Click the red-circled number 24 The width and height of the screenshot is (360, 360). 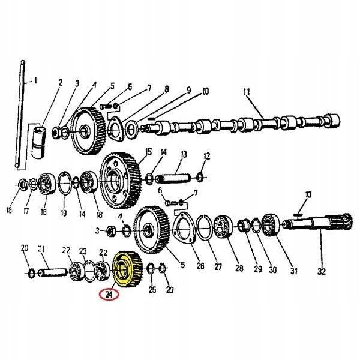109,295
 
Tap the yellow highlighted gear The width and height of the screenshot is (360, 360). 127,269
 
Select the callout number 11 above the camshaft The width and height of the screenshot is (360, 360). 247,92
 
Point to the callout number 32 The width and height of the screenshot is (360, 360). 322,272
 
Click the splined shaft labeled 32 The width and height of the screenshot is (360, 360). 317,223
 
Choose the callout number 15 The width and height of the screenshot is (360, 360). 148,152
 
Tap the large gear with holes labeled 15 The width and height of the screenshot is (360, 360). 121,181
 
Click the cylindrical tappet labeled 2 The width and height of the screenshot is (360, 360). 38,142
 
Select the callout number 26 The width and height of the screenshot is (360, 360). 200,266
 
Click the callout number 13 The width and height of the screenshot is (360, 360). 184,154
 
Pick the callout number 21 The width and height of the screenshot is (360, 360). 41,249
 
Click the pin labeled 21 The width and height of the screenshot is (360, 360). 53,272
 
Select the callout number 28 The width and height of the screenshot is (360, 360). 239,268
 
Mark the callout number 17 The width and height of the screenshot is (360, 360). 26,211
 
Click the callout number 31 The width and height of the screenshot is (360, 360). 294,271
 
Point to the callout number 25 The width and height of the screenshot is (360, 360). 152,290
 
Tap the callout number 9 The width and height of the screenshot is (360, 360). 188,91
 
